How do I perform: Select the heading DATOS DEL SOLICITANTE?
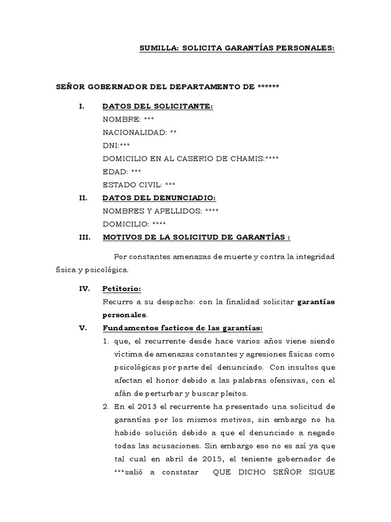pos(158,106)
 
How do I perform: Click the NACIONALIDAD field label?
pos(134,133)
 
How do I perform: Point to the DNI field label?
pos(110,145)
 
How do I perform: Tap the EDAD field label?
pos(115,172)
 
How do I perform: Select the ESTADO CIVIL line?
pos(139,185)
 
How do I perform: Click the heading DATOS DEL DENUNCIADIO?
pos(159,198)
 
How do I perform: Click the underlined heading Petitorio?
pos(121,289)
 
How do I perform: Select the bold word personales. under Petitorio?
pos(125,315)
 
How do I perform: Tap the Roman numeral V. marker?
pos(83,328)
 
